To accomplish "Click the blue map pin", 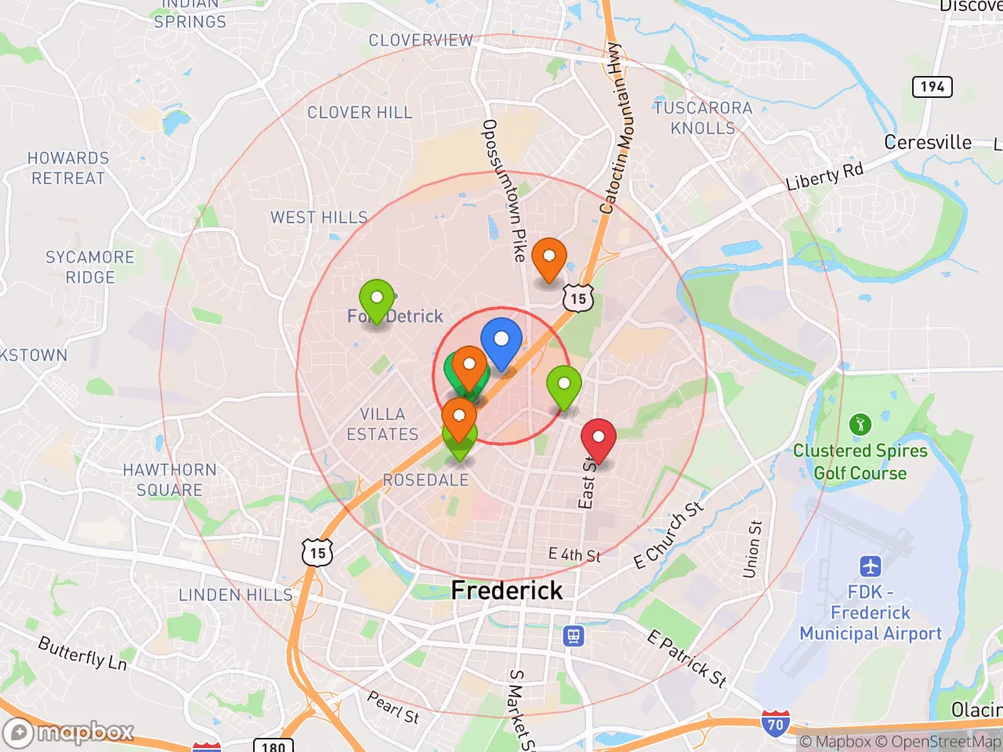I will click(x=501, y=342).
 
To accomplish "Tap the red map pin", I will click(x=598, y=439).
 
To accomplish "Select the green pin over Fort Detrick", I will click(x=377, y=299).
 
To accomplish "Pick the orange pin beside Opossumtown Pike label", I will click(x=549, y=258).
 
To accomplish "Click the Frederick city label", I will click(x=507, y=591).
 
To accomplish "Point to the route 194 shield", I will click(x=932, y=86).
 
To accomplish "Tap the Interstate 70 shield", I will click(x=775, y=724).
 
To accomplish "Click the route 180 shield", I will click(x=273, y=746).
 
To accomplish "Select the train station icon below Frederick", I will click(x=574, y=636).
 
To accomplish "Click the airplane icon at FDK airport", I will click(x=870, y=566).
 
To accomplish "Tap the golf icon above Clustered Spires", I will click(x=860, y=425).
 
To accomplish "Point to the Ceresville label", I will click(x=928, y=143).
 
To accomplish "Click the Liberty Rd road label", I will click(x=824, y=176).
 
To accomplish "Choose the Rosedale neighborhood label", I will click(x=425, y=479).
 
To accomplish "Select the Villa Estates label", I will click(x=382, y=424).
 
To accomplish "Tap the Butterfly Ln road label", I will click(x=82, y=653).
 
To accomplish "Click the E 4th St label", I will click(x=574, y=555).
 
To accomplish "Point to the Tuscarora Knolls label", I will click(x=703, y=117).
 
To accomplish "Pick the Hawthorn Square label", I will click(x=169, y=479).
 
